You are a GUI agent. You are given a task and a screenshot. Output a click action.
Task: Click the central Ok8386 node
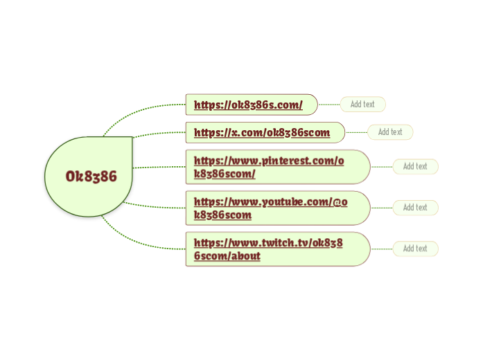[x=91, y=176]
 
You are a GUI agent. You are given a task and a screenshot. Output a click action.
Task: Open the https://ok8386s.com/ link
[x=248, y=105]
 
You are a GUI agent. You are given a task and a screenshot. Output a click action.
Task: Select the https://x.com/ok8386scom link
[x=262, y=132]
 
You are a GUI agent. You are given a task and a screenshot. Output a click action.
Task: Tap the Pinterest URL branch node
[x=269, y=167]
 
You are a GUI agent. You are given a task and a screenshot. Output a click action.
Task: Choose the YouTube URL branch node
[x=271, y=208]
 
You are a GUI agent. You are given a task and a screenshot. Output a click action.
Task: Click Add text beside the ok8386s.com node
[x=362, y=105]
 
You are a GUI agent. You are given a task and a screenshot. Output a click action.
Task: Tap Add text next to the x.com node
[x=390, y=132]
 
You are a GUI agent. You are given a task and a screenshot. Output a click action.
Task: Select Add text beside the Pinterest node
[x=415, y=166]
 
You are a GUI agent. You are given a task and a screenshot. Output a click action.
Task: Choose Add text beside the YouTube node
[x=415, y=207]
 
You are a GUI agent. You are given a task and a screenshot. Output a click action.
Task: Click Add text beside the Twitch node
[x=415, y=249]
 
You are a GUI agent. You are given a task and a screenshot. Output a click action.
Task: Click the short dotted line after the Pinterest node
[x=381, y=167]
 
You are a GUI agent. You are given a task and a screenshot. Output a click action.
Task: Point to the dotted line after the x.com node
[x=356, y=132]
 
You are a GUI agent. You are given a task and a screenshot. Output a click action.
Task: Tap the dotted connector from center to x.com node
[x=159, y=133]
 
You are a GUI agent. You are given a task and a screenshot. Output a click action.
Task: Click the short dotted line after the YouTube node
[x=381, y=208]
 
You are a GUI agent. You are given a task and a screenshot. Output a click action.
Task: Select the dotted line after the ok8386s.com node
[x=328, y=105]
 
